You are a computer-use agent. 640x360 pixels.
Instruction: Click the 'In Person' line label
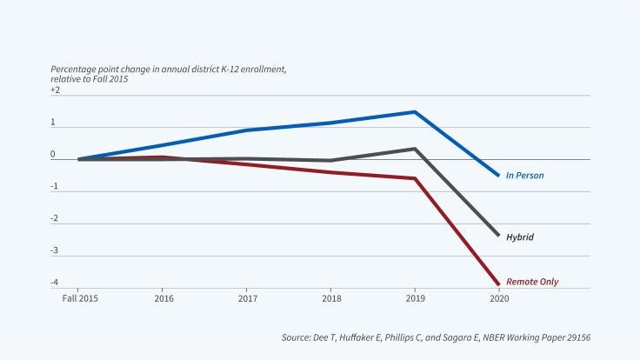524,176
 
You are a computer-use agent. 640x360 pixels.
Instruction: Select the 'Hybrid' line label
520,237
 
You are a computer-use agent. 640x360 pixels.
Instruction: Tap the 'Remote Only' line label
532,282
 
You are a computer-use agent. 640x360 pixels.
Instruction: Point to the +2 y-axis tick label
56,90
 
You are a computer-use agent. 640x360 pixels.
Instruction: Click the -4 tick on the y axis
56,282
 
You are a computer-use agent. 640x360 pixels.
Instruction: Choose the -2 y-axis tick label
56,218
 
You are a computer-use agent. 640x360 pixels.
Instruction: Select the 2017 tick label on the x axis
246,297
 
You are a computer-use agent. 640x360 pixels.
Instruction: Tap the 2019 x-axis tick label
415,297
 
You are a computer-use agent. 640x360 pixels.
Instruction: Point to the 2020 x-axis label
499,297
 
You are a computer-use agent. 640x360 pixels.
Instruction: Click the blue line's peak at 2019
415,111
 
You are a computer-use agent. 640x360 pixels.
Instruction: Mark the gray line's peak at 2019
415,149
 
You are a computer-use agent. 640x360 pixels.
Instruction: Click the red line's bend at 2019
415,178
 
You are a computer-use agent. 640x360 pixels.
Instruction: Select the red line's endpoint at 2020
499,284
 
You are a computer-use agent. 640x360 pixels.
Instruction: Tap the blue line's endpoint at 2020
499,176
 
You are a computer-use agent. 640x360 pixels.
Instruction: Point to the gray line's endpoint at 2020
499,236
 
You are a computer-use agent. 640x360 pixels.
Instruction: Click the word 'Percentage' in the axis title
73,70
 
